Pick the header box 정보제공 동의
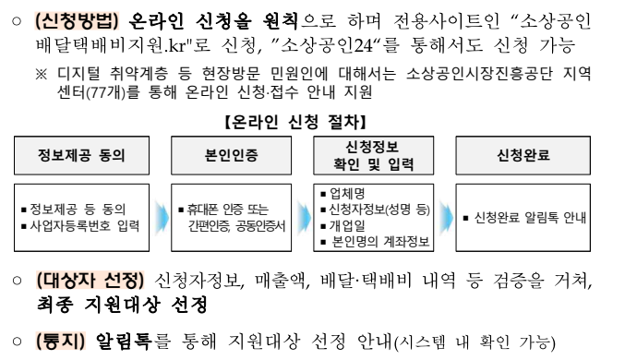[x=81, y=154]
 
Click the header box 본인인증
[x=229, y=154]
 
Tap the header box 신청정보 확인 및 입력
[x=375, y=154]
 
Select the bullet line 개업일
[x=347, y=226]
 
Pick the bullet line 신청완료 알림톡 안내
[x=525, y=218]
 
